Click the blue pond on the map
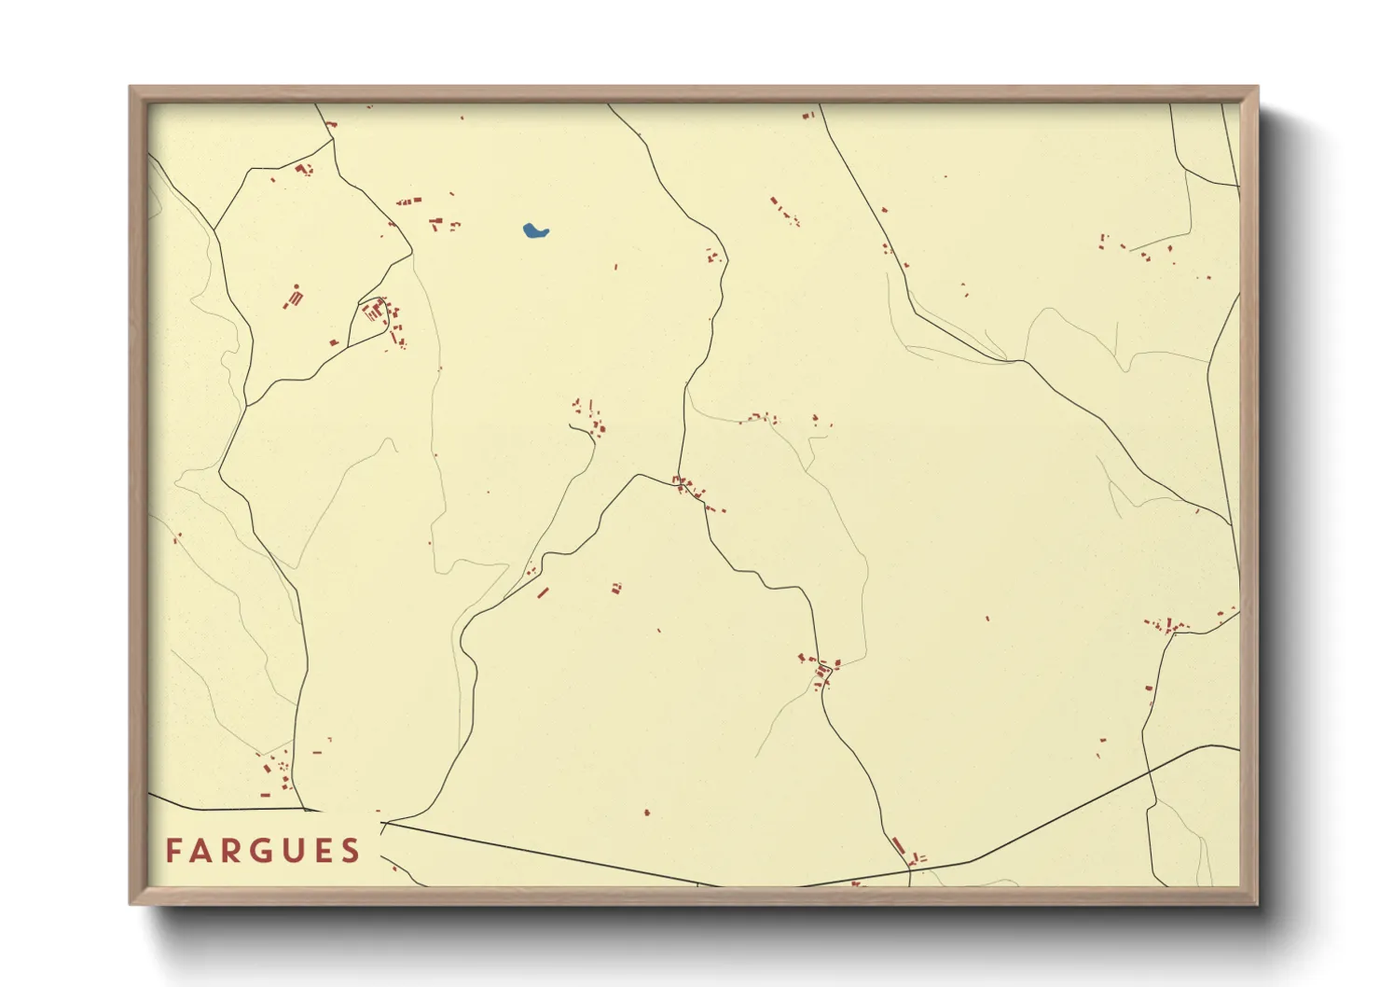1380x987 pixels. click(534, 230)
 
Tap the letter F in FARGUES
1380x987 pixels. click(173, 851)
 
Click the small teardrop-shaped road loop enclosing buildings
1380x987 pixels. click(374, 311)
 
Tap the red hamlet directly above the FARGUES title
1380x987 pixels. click(277, 772)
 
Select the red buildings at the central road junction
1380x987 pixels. click(688, 487)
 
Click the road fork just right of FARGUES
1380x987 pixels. click(383, 823)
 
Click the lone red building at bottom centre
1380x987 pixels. click(647, 813)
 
